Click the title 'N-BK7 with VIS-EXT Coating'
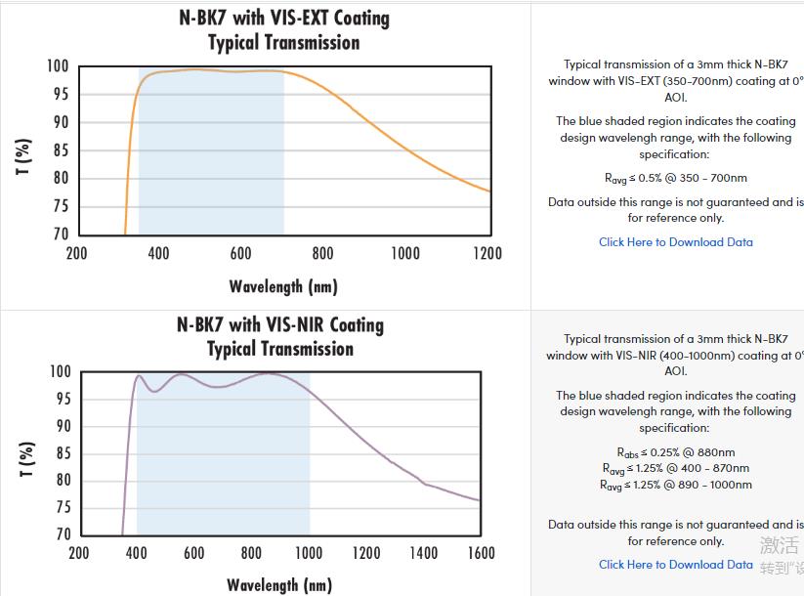pyautogui.click(x=283, y=18)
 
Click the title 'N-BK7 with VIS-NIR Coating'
pyautogui.click(x=280, y=324)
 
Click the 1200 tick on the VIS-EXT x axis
pyautogui.click(x=487, y=253)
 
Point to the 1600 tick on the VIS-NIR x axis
pyautogui.click(x=480, y=553)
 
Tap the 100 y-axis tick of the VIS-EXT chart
pyautogui.click(x=58, y=66)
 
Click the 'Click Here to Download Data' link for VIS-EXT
pyautogui.click(x=676, y=242)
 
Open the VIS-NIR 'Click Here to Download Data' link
pyautogui.click(x=676, y=565)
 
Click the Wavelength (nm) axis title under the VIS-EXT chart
pyautogui.click(x=283, y=286)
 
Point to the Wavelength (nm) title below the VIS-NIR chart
pyautogui.click(x=279, y=585)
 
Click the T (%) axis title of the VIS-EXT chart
pyautogui.click(x=24, y=156)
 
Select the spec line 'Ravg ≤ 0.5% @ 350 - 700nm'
pyautogui.click(x=676, y=178)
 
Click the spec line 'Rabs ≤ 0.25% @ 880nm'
pyautogui.click(x=676, y=452)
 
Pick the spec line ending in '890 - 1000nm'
pyautogui.click(x=676, y=485)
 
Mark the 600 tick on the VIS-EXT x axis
pyautogui.click(x=241, y=253)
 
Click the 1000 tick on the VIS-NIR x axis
pyautogui.click(x=308, y=553)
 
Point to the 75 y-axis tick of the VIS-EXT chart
pyautogui.click(x=61, y=206)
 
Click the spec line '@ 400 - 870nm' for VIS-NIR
pyautogui.click(x=676, y=469)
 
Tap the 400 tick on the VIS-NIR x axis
pyautogui.click(x=137, y=553)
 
